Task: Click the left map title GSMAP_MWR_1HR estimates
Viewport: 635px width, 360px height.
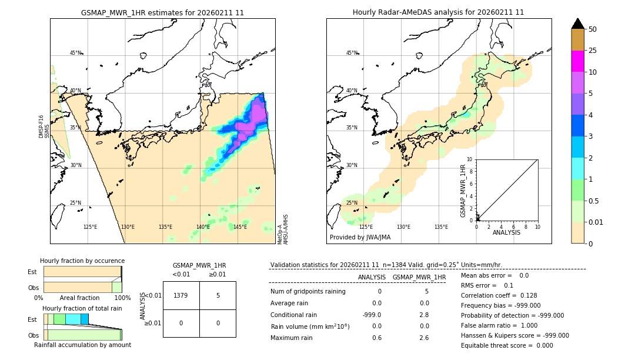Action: (162, 12)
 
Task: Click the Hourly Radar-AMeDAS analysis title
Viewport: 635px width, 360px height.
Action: (438, 12)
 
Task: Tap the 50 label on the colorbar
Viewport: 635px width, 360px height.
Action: (593, 29)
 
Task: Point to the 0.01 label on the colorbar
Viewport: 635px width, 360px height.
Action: (596, 222)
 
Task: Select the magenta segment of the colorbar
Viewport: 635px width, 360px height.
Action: (577, 61)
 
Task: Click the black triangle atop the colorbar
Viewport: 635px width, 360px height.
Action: (577, 24)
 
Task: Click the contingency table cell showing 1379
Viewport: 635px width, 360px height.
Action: (181, 295)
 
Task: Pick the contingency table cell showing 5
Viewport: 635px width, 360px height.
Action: (218, 295)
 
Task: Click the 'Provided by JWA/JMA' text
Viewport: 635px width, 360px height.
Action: (360, 238)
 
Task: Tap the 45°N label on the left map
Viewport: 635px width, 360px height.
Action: (75, 53)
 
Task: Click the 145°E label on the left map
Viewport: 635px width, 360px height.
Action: (240, 227)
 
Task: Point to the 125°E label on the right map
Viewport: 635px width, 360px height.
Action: (366, 227)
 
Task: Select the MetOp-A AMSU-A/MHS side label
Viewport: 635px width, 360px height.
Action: (283, 229)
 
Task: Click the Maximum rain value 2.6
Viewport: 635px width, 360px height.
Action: (423, 338)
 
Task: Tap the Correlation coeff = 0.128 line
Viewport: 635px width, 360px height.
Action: (499, 295)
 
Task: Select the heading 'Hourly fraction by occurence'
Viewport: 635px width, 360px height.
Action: (82, 261)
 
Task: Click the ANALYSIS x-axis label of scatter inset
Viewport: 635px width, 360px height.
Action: (507, 232)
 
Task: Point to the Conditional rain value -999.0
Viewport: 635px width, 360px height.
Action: (372, 315)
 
